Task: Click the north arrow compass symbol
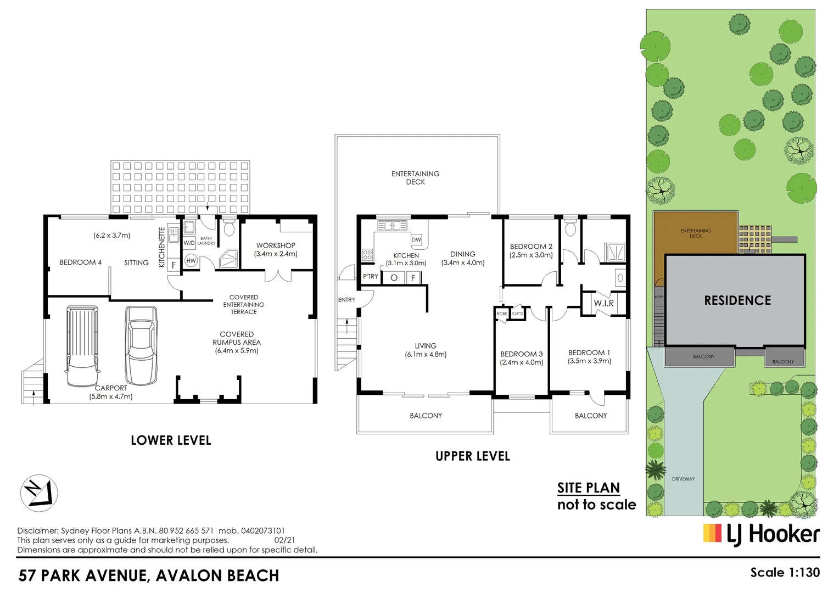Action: [39, 493]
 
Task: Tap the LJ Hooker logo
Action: [761, 534]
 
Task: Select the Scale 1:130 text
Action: [785, 572]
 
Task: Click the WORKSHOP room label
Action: [276, 245]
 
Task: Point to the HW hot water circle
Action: [191, 261]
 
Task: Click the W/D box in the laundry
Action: [189, 242]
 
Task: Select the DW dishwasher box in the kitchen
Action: [416, 239]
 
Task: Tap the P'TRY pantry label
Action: [371, 277]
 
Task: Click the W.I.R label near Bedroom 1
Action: [603, 303]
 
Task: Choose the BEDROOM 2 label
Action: [531, 247]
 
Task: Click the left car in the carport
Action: [82, 346]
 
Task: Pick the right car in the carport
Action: [141, 345]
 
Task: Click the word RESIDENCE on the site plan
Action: [737, 300]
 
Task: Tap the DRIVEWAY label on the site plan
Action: [683, 479]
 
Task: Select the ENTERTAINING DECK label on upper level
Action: [415, 177]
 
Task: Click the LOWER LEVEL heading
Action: [171, 440]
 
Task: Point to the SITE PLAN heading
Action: [588, 488]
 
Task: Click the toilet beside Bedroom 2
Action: [570, 228]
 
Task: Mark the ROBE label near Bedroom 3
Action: [502, 314]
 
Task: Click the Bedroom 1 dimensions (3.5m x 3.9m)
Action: [589, 361]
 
